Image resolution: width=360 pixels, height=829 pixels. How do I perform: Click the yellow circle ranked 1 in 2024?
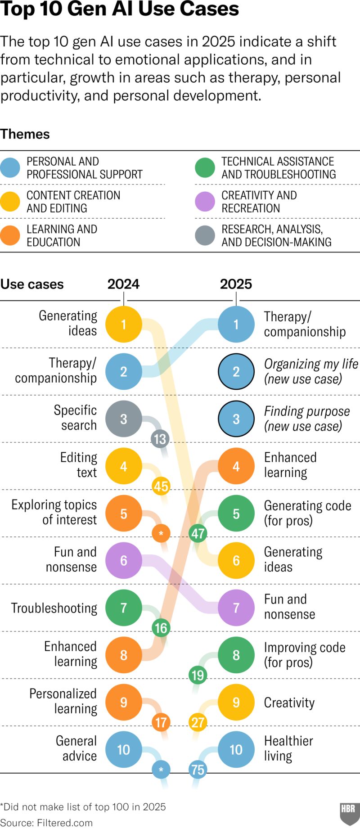pos(124,324)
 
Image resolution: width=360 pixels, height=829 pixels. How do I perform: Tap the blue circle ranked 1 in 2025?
pos(236,324)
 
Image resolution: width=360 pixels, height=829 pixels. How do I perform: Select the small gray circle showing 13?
pos(160,439)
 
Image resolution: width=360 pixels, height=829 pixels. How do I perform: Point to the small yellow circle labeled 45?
pos(161,486)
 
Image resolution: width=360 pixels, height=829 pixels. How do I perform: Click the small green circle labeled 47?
pos(198,533)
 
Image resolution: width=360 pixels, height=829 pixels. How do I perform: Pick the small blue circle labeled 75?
pos(198,770)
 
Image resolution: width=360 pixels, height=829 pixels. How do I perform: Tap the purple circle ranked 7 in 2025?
pos(236,608)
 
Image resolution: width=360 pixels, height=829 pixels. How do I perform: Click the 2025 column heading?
pos(236,284)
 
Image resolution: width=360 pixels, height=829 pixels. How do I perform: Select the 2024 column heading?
pos(123,284)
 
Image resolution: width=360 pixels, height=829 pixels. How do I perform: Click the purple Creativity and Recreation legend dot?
pos(205,202)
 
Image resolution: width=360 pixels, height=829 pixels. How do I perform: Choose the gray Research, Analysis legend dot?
pos(205,235)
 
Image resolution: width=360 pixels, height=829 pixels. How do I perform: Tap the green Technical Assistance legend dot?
pos(205,167)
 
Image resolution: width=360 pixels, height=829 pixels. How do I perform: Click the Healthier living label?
pos(288,748)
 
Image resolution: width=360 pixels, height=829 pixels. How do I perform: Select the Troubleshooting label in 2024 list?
pos(54,608)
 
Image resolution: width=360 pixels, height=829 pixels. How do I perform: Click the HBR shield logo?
pos(348,812)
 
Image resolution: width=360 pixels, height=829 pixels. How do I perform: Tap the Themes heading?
pos(25,134)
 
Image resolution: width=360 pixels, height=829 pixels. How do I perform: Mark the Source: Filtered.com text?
pos(46,823)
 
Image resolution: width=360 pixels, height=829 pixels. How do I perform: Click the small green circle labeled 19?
pos(198,675)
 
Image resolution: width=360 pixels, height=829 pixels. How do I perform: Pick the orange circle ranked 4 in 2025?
pos(236,466)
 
